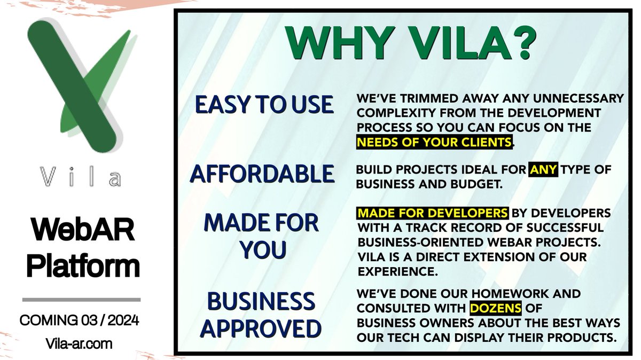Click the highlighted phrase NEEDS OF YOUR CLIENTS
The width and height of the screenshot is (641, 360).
(x=434, y=142)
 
